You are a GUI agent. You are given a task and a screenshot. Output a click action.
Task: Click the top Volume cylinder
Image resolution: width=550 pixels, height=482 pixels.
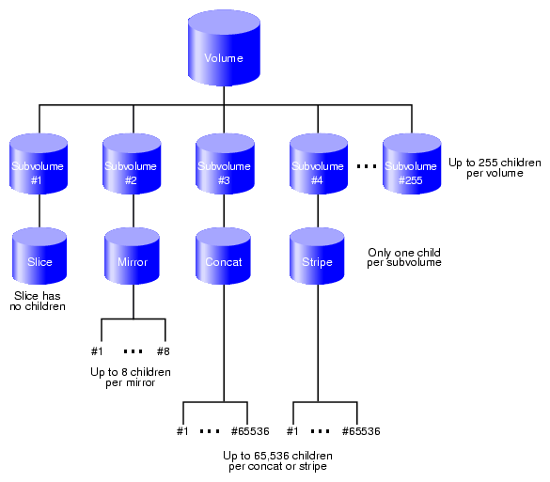(224, 48)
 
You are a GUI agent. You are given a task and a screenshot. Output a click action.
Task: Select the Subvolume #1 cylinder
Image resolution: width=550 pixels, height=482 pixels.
(39, 163)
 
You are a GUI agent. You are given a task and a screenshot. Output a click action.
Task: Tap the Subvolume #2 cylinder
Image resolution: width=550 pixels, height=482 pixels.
(132, 163)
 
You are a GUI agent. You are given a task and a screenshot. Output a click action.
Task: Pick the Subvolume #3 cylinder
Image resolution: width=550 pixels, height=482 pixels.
(225, 163)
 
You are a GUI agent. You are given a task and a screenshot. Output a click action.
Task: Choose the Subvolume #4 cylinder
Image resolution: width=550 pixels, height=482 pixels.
(319, 163)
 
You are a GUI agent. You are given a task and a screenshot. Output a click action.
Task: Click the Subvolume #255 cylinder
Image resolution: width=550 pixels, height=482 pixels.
(412, 163)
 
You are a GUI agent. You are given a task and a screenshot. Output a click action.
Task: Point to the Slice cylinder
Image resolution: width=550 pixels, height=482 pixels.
(39, 256)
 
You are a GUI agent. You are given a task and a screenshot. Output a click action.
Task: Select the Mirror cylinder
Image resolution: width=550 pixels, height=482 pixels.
(133, 256)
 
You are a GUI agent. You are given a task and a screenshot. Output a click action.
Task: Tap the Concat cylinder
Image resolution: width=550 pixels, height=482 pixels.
(224, 256)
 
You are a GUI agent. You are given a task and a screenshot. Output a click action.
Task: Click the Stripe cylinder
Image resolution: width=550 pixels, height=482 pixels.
(317, 256)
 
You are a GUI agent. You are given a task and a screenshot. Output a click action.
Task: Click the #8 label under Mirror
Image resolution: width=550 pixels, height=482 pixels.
(163, 351)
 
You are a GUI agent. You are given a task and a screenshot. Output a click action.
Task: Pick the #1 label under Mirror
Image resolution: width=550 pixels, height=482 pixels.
(97, 351)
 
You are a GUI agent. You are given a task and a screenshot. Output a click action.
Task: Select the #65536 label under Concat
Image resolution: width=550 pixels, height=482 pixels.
(250, 431)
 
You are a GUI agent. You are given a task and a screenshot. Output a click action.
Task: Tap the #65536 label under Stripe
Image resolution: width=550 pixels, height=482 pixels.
(361, 431)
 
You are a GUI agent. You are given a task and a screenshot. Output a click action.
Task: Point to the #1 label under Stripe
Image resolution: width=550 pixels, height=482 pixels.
(292, 431)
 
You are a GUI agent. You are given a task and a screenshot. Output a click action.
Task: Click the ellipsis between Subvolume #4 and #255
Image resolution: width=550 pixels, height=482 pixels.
(367, 166)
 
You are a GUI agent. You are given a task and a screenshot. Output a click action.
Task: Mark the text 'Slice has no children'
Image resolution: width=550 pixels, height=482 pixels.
(38, 301)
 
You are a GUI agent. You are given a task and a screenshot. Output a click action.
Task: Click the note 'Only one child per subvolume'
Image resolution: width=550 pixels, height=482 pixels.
(404, 257)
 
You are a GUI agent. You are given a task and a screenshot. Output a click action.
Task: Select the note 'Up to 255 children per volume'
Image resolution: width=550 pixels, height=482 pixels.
(495, 168)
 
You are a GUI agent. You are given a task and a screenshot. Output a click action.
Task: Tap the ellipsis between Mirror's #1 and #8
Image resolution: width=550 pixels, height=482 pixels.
(134, 351)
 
